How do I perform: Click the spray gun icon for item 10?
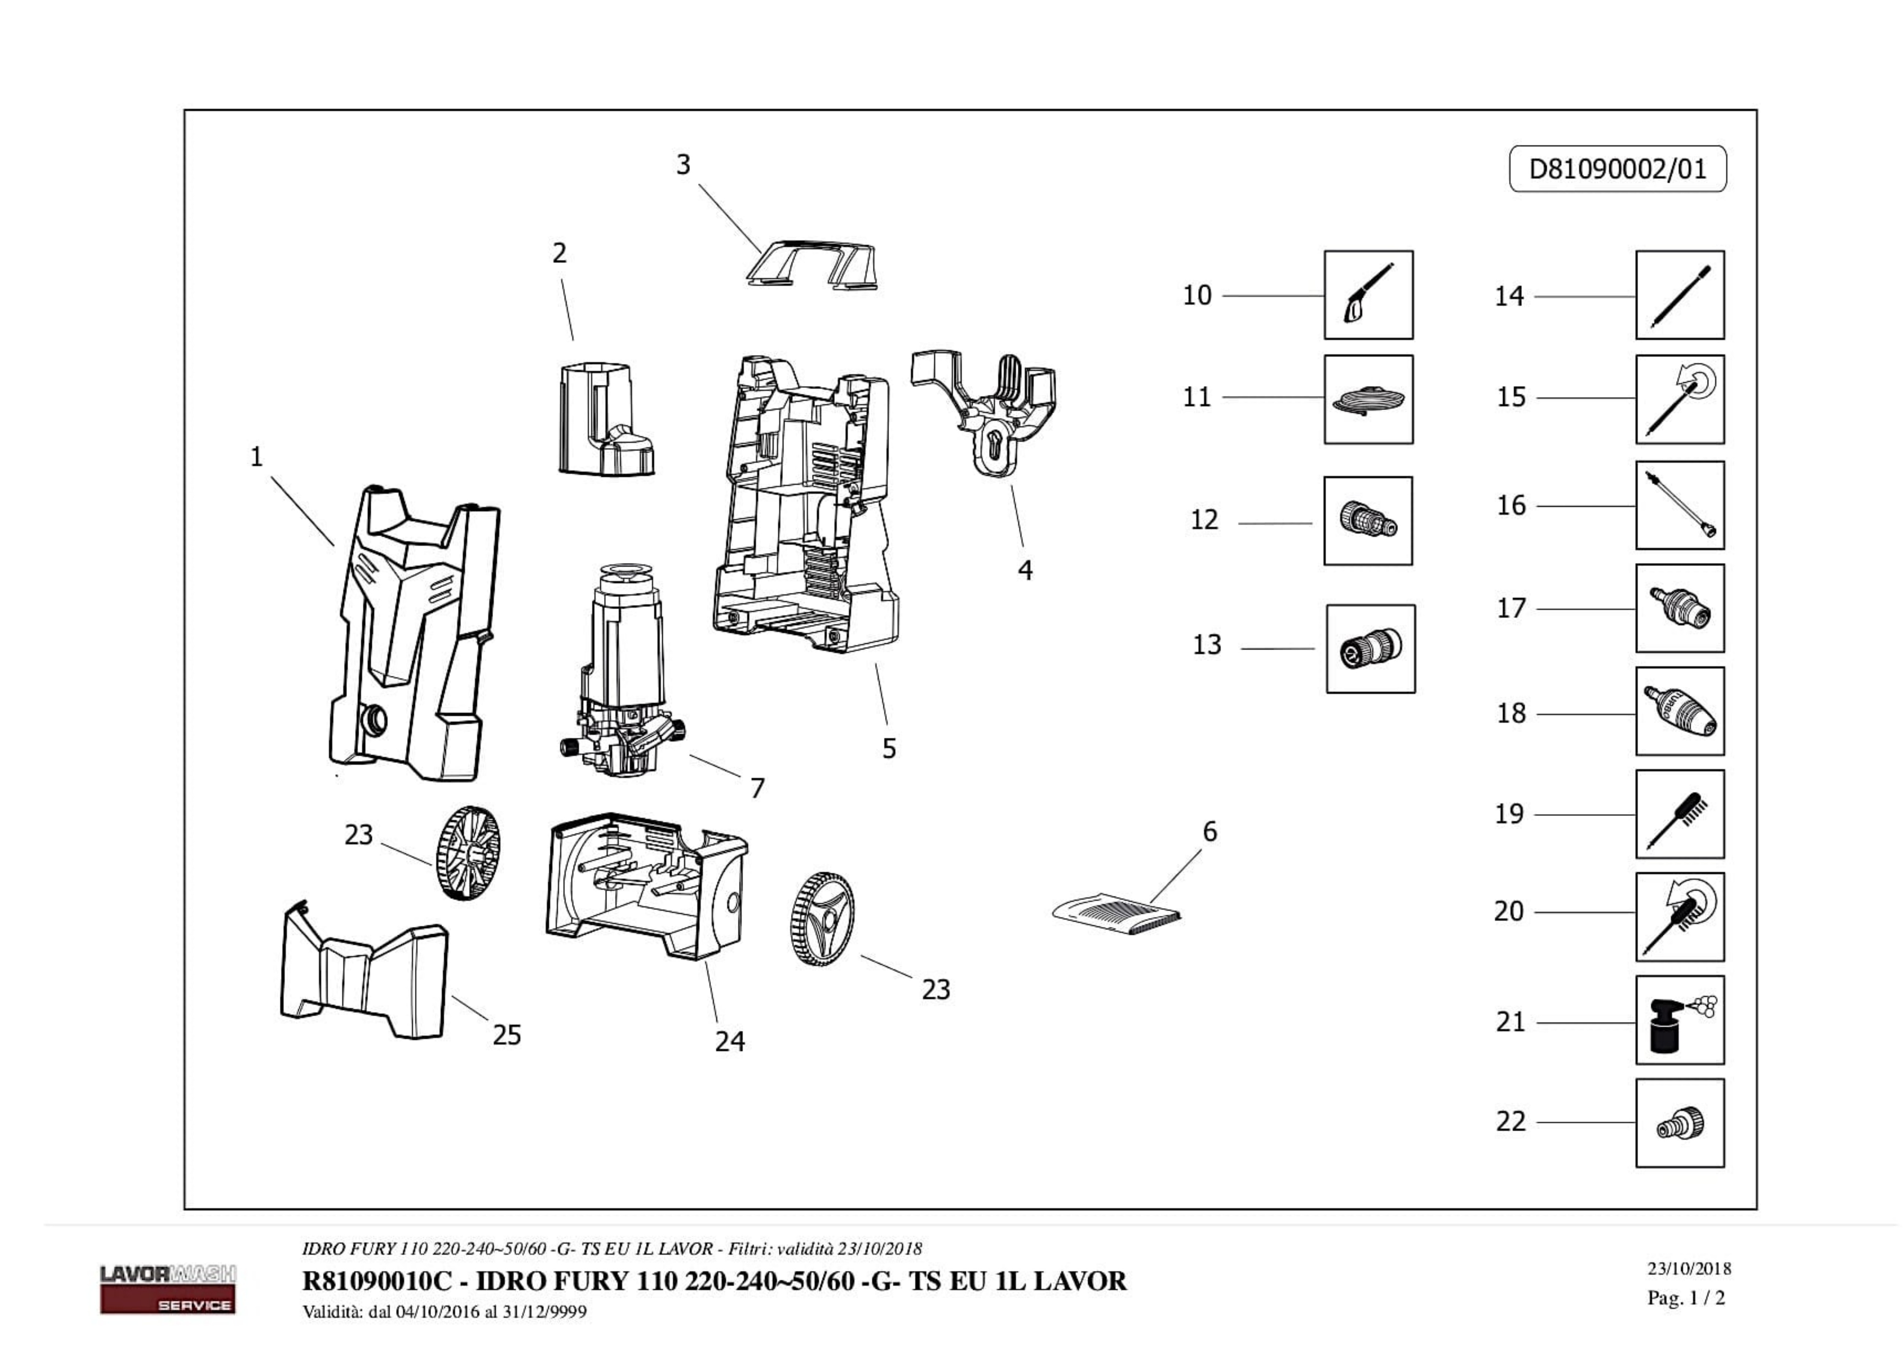click(x=1368, y=295)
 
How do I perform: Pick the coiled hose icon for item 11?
click(x=1368, y=399)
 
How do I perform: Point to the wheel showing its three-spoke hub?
click(x=822, y=918)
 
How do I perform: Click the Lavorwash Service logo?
click(x=168, y=1288)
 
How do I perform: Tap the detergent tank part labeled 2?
click(x=602, y=419)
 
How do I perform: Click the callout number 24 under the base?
click(x=729, y=1041)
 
